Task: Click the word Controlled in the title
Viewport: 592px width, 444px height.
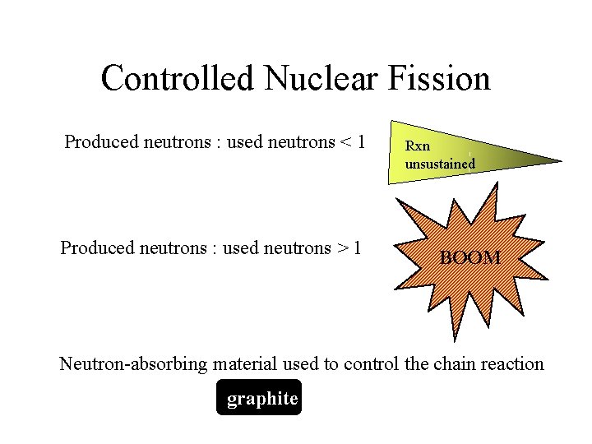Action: pos(178,79)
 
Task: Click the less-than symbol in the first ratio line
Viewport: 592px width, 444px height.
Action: pos(341,143)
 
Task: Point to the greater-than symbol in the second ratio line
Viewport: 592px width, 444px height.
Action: pos(341,248)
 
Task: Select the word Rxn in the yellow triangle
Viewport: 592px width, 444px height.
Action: pos(418,146)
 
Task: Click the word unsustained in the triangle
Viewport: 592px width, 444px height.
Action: pos(440,163)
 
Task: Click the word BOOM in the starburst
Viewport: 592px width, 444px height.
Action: pos(470,258)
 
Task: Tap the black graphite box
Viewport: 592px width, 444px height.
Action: pos(260,398)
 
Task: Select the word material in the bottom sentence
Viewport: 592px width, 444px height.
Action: pos(246,363)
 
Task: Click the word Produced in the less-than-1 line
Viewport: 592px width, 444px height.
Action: pos(101,142)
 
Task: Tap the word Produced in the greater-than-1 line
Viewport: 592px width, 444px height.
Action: pos(97,247)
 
